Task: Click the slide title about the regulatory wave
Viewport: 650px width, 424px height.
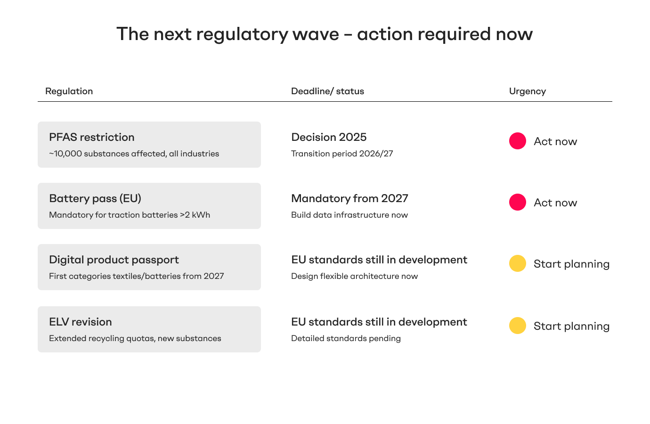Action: pyautogui.click(x=325, y=34)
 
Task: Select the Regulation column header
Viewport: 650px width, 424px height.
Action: pyautogui.click(x=69, y=91)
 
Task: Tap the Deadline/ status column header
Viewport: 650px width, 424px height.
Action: pyautogui.click(x=327, y=91)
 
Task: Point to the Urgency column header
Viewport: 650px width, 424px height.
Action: pyautogui.click(x=527, y=91)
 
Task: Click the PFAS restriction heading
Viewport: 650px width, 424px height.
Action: pyautogui.click(x=92, y=137)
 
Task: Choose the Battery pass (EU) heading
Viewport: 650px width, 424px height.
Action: pyautogui.click(x=95, y=198)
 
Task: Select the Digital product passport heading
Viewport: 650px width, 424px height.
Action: pyautogui.click(x=114, y=260)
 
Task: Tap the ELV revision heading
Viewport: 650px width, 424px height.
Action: pyautogui.click(x=81, y=322)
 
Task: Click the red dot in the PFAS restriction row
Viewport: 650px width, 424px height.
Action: pyautogui.click(x=518, y=141)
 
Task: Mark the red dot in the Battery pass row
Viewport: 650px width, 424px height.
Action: pyautogui.click(x=518, y=202)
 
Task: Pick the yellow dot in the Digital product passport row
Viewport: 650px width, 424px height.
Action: pyautogui.click(x=518, y=263)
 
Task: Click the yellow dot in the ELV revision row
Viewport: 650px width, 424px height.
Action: pyautogui.click(x=518, y=326)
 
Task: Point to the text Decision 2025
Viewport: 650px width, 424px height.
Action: pyautogui.click(x=329, y=137)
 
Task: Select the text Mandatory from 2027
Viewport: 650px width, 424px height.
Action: pyautogui.click(x=349, y=198)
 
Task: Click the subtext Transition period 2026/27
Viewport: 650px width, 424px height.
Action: pyautogui.click(x=342, y=154)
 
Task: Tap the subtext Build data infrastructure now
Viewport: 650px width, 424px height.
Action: pyautogui.click(x=349, y=215)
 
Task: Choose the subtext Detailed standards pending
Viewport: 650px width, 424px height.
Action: pyautogui.click(x=346, y=338)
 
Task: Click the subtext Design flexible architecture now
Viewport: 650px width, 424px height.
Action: pyautogui.click(x=354, y=276)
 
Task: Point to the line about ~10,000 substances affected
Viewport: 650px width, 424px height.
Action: pyautogui.click(x=134, y=154)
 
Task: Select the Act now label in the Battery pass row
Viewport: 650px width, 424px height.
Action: pyautogui.click(x=555, y=203)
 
